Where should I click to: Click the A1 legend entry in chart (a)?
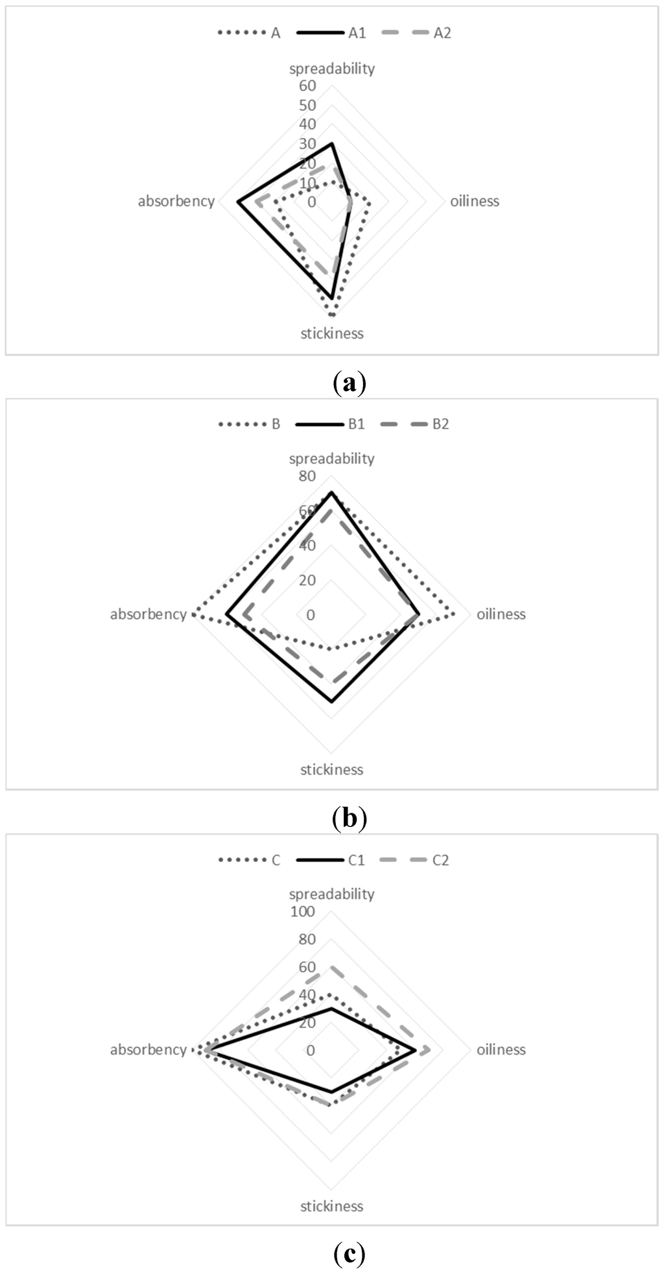pos(357,33)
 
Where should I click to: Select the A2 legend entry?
pos(442,33)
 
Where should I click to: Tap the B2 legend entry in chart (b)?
pos(440,424)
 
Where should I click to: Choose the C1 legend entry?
pos(356,860)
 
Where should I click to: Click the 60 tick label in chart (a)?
pos(307,86)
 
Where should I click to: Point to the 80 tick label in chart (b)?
pos(307,476)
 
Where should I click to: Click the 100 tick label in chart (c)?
pos(303,911)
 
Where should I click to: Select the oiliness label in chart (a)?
pos(475,201)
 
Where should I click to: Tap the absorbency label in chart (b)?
pos(148,614)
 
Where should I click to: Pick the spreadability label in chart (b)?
pos(331,459)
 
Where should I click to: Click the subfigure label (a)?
pos(349,383)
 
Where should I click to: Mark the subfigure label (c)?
pos(349,1254)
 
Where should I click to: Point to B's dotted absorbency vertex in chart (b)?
pos(193,614)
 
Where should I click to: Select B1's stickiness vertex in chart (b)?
pos(331,702)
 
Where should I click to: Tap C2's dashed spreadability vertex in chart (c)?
pos(331,967)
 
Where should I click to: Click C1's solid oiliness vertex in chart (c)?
pos(416,1050)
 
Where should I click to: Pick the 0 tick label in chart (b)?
pos(311,614)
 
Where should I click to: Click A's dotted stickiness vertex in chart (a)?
pos(331,315)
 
